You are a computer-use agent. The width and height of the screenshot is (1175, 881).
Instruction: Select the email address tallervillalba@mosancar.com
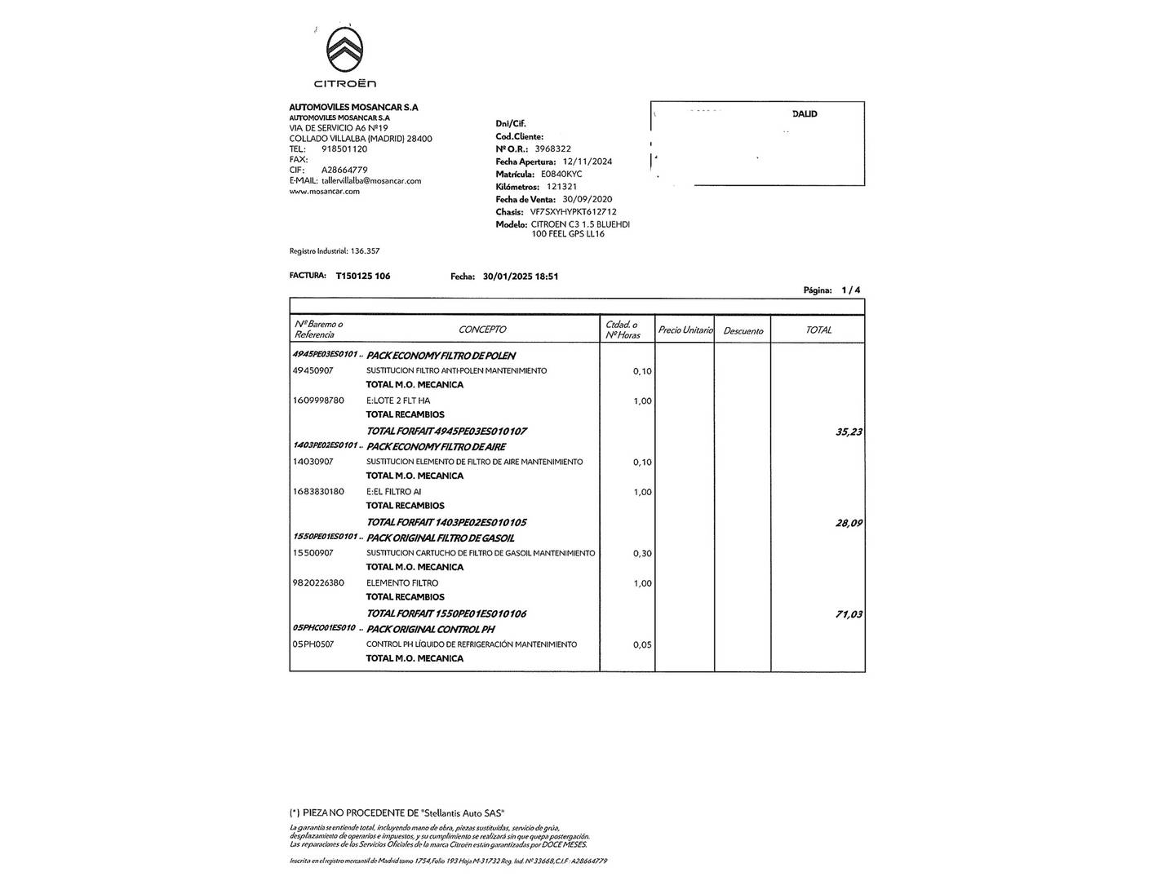371,181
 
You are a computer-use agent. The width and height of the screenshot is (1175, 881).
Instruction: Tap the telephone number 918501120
344,149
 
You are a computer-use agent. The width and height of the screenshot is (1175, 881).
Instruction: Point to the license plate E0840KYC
561,175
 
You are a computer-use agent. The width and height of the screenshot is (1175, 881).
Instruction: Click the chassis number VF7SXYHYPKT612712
573,212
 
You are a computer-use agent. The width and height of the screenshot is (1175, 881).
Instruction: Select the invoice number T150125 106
363,277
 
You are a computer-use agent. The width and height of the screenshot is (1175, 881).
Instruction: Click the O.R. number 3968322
552,149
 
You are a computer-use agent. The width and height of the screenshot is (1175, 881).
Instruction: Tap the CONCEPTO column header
481,330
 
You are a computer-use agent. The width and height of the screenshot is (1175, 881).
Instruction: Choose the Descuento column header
743,330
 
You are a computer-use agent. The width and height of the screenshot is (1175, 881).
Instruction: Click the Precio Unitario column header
685,330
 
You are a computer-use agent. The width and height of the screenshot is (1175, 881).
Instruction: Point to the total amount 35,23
849,432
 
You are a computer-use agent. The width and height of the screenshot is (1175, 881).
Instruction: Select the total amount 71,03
849,614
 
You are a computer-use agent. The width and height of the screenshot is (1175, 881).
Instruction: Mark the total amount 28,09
849,523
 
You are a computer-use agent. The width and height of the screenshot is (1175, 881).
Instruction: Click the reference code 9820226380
318,583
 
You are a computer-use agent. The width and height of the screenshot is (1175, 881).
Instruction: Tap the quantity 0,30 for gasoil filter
642,554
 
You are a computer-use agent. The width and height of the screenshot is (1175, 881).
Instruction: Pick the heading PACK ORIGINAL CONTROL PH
429,630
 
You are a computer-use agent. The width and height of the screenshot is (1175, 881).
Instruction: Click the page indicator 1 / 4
851,290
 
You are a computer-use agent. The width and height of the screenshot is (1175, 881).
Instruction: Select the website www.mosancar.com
325,192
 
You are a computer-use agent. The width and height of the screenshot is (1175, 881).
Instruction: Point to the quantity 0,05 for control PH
642,645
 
